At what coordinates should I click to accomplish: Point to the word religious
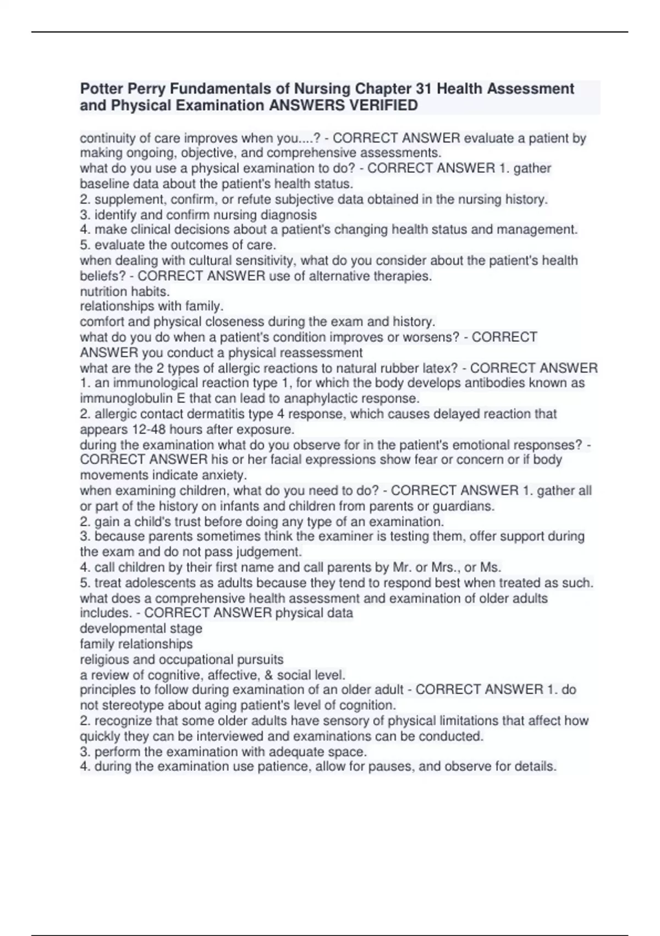pyautogui.click(x=103, y=659)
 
